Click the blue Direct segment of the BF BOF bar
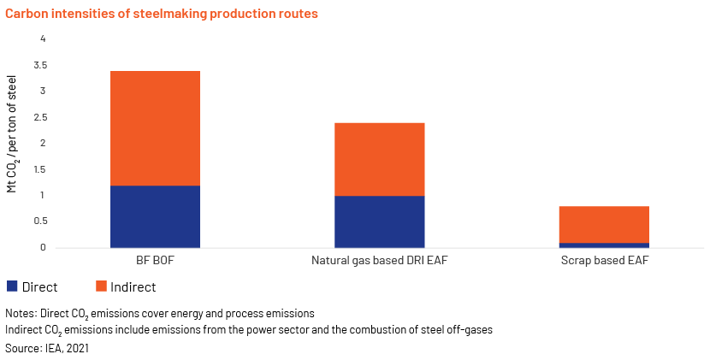(155, 216)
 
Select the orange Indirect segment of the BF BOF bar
(155, 128)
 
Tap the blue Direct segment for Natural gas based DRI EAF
(380, 221)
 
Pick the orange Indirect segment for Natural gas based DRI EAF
(380, 159)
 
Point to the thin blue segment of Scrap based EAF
(604, 245)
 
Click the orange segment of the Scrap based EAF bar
(604, 225)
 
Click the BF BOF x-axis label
(155, 261)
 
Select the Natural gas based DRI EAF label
(380, 261)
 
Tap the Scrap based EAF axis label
(605, 261)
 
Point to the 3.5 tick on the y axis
(40, 65)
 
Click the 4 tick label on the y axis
(44, 39)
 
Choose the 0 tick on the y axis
(44, 247)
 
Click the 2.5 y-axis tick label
(40, 117)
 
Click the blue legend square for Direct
(12, 286)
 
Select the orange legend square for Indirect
(101, 286)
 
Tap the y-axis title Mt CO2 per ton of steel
(12, 134)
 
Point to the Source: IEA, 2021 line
(47, 348)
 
